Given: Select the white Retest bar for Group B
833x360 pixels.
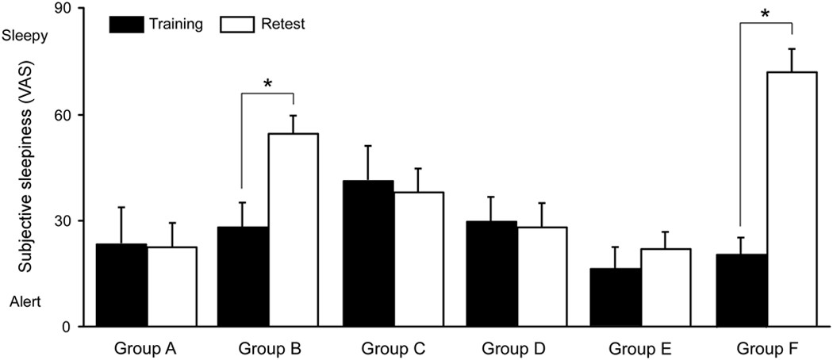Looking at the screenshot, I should [x=294, y=230].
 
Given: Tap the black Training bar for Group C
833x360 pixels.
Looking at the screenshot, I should [x=368, y=254].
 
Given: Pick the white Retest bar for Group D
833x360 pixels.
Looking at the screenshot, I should [x=542, y=277].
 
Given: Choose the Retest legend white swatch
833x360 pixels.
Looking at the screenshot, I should [x=235, y=24].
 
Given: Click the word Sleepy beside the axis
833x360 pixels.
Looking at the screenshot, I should [x=25, y=36].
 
